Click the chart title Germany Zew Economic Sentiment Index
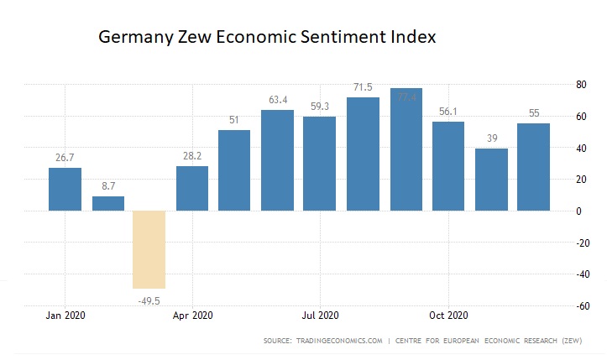(x=267, y=38)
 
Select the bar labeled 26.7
(x=65, y=190)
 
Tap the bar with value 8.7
(x=108, y=203)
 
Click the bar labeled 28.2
(x=193, y=188)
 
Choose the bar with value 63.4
(x=277, y=160)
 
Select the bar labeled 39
(x=490, y=180)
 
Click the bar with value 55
(x=533, y=167)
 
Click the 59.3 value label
(x=320, y=107)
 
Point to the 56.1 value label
(x=447, y=112)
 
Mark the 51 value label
(x=234, y=120)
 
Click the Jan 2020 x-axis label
(x=65, y=316)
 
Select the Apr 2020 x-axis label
(x=192, y=316)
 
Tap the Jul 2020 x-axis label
(x=319, y=316)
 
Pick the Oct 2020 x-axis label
(x=447, y=316)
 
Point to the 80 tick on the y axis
(x=579, y=85)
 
